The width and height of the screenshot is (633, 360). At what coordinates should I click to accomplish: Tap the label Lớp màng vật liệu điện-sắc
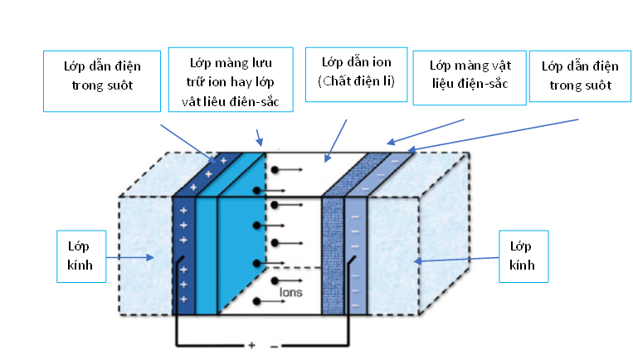coord(469,75)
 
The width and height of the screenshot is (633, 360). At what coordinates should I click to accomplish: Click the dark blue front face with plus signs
coord(183,257)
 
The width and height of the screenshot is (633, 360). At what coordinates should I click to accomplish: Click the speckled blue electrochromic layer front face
coord(332,257)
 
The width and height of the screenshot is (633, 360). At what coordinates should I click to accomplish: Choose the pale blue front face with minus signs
coord(356,257)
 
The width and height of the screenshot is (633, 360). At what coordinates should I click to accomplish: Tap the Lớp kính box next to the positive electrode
coord(81,257)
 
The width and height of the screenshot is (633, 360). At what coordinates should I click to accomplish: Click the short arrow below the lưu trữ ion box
coord(259,137)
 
